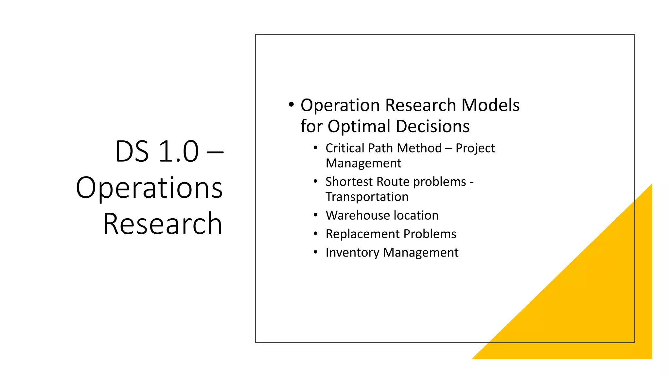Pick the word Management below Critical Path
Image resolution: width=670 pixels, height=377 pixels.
(x=363, y=163)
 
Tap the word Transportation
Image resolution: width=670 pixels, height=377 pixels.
(x=367, y=197)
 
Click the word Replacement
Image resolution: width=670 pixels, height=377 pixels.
(x=362, y=234)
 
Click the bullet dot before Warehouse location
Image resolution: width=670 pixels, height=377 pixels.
(x=315, y=215)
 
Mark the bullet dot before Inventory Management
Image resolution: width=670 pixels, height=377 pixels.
(x=315, y=252)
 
